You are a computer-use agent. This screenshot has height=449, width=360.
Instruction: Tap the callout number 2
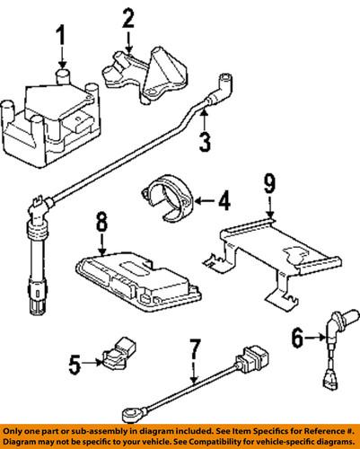click(128, 19)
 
